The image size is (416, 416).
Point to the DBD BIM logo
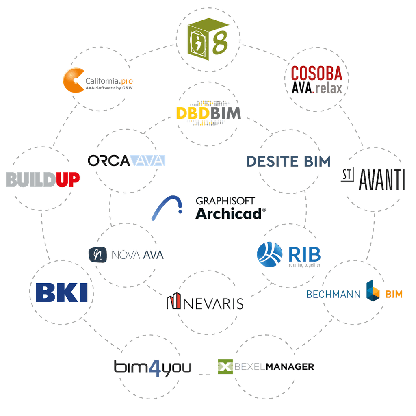(x=208, y=112)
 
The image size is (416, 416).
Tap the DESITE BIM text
(x=288, y=161)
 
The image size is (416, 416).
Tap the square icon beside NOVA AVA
(x=96, y=254)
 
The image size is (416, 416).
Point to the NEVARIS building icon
(x=174, y=302)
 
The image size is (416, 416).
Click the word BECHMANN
(x=334, y=294)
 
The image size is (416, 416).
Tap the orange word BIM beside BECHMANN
(x=394, y=294)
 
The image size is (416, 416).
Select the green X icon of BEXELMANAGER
(x=225, y=367)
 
